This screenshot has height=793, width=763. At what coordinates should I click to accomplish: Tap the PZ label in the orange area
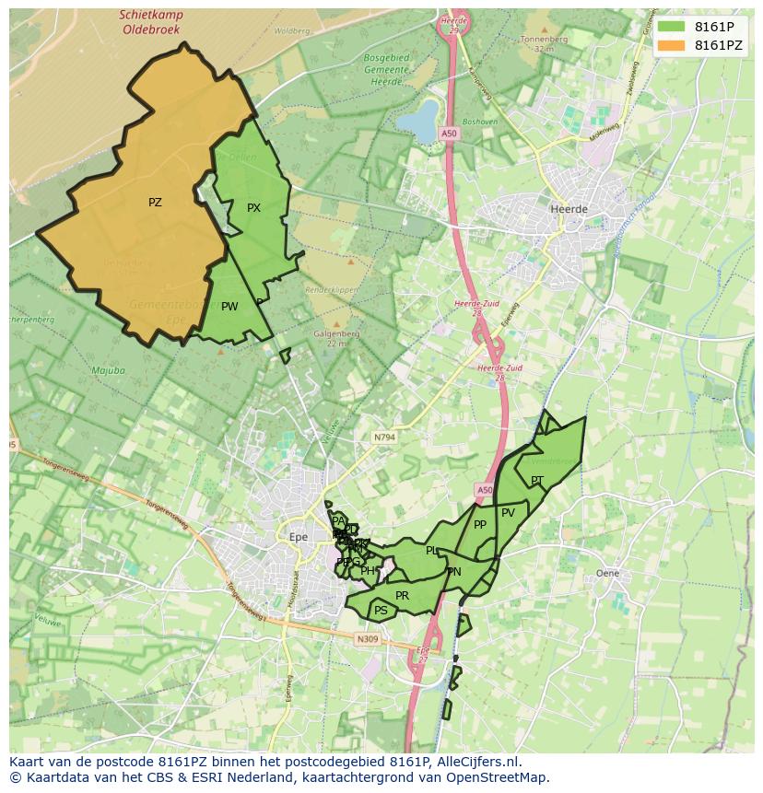pyautogui.click(x=155, y=202)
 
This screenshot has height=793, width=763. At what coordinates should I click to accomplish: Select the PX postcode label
pyautogui.click(x=253, y=208)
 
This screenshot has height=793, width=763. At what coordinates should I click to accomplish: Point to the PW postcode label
pyautogui.click(x=229, y=307)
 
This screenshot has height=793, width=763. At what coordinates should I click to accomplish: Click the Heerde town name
pyautogui.click(x=568, y=209)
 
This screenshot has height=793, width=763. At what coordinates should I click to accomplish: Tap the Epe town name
pyautogui.click(x=298, y=535)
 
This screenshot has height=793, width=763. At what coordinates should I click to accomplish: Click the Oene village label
pyautogui.click(x=607, y=573)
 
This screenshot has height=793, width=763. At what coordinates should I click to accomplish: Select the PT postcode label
pyautogui.click(x=536, y=480)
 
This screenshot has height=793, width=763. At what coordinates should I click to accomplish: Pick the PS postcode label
pyautogui.click(x=381, y=610)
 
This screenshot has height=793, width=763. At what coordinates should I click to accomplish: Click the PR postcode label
pyautogui.click(x=402, y=596)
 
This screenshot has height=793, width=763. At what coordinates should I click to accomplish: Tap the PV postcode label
pyautogui.click(x=508, y=513)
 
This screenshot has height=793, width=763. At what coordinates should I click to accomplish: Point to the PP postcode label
pyautogui.click(x=479, y=525)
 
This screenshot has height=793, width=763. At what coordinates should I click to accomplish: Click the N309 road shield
pyautogui.click(x=366, y=637)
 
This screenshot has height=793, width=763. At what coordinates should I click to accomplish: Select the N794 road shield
pyautogui.click(x=384, y=437)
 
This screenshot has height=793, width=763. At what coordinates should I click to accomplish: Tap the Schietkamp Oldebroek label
pyautogui.click(x=151, y=22)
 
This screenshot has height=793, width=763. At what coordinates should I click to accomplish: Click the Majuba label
pyautogui.click(x=108, y=371)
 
